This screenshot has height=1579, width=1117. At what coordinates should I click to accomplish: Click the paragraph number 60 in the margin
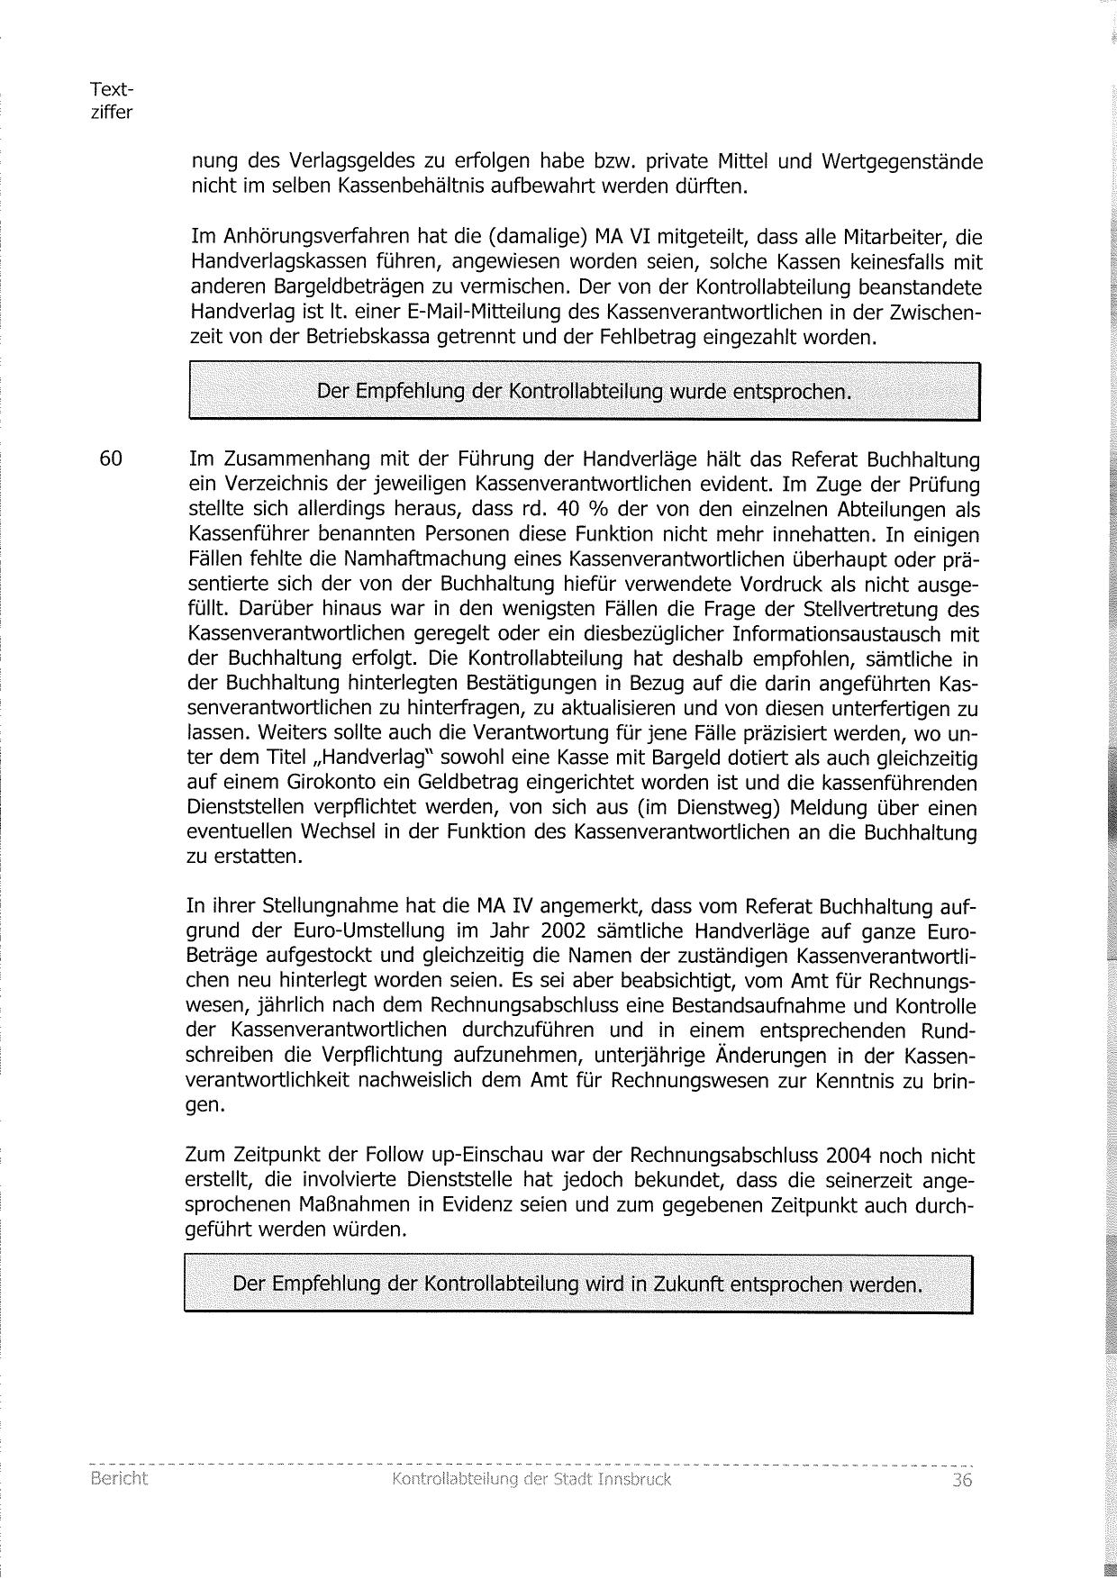111,458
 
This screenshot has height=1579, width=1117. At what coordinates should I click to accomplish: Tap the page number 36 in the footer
962,1480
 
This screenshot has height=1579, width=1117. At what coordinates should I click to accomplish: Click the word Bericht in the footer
119,1479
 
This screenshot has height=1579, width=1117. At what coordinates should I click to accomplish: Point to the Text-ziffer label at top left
112,101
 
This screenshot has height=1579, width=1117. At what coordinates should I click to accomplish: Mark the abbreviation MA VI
623,238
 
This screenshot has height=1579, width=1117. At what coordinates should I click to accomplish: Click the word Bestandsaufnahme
768,1005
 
